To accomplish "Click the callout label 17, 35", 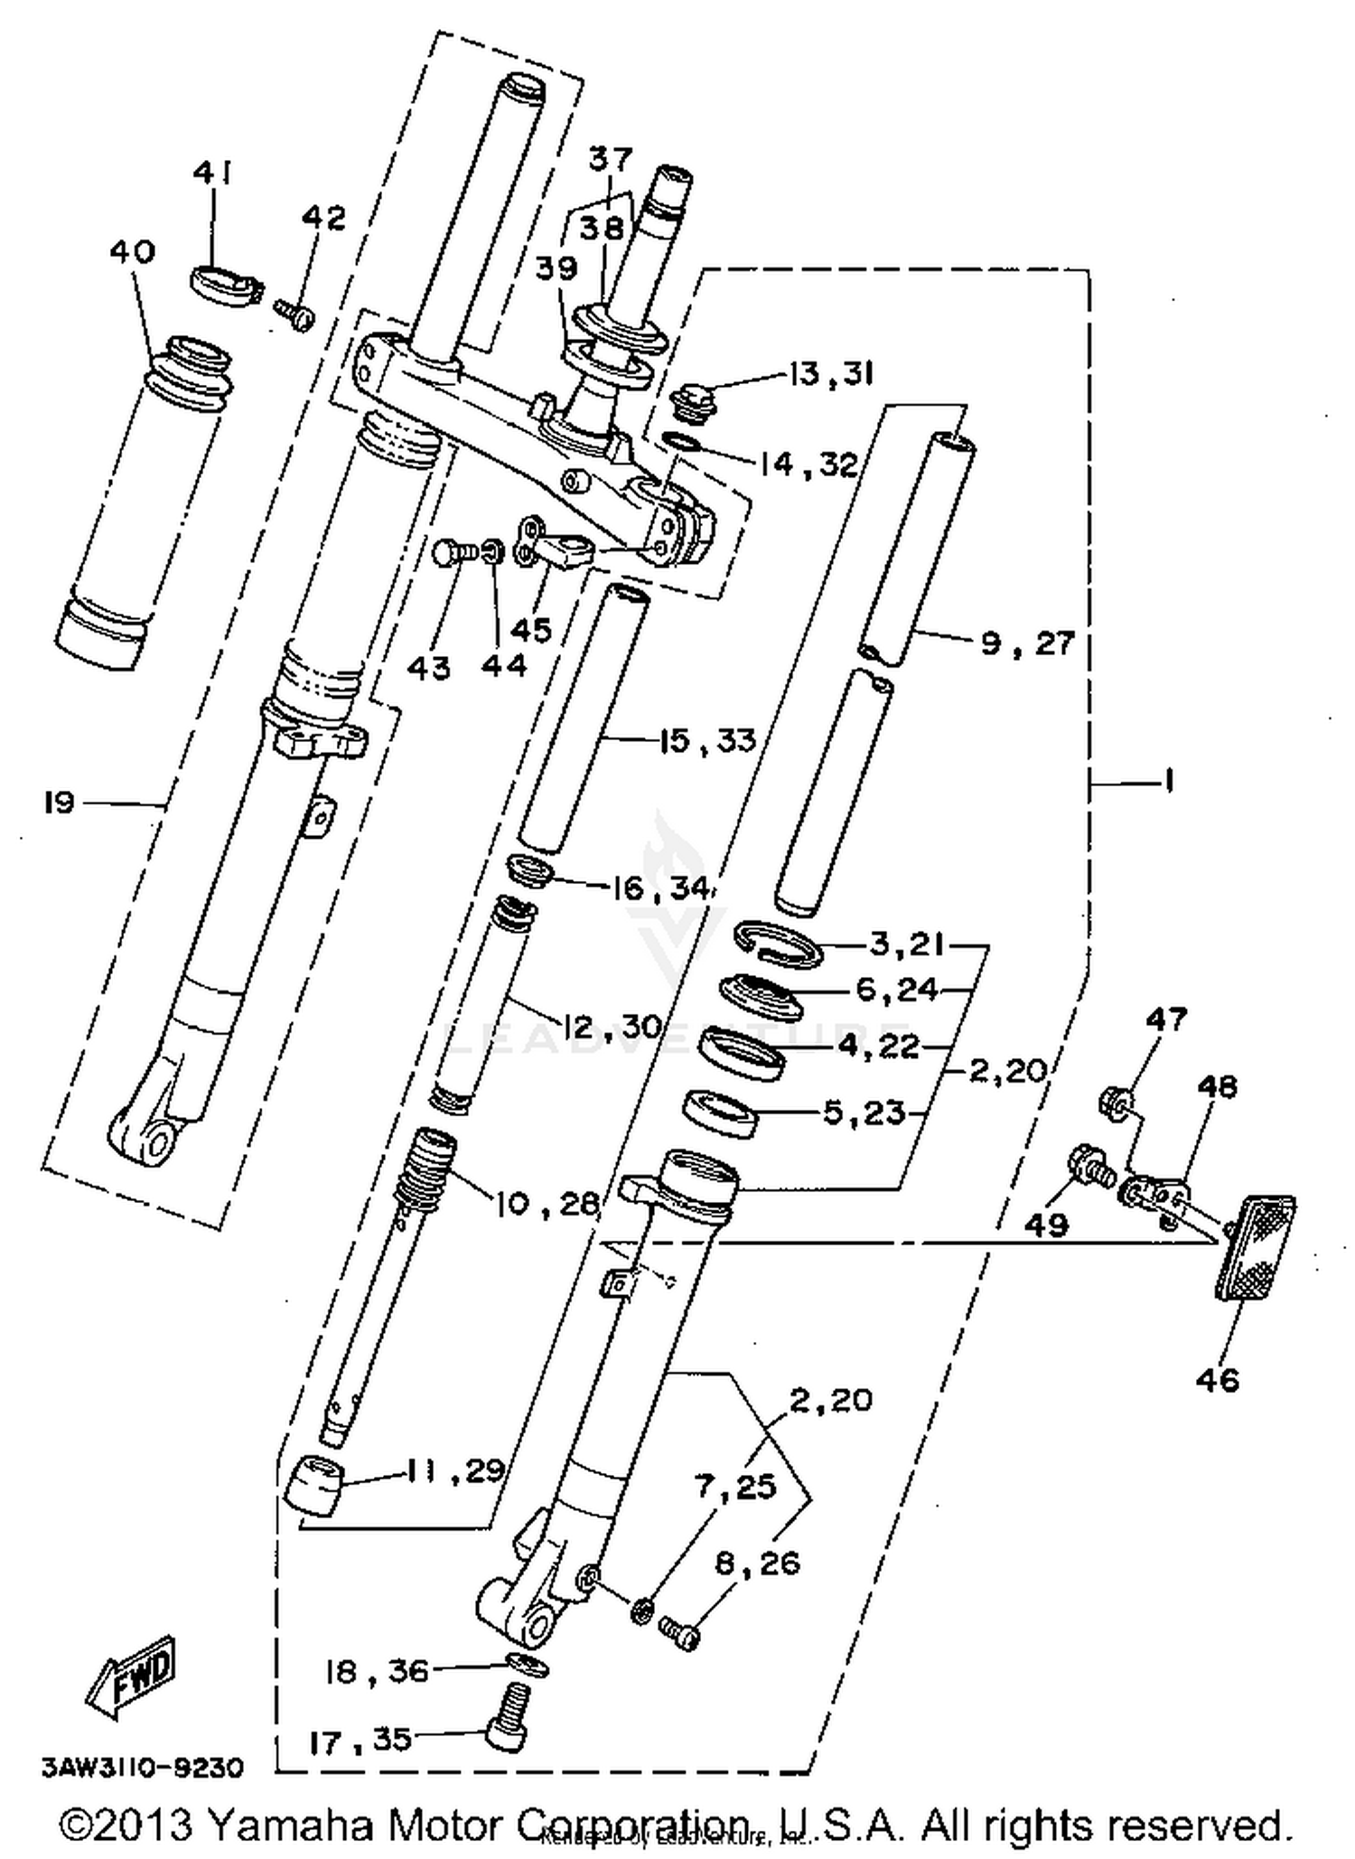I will coord(360,1741).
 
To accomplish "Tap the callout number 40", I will coord(132,252).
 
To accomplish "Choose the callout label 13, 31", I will coord(830,373).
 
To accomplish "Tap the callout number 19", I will coord(59,802).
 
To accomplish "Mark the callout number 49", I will coord(1046,1225).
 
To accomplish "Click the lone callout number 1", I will coord(1168,780).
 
